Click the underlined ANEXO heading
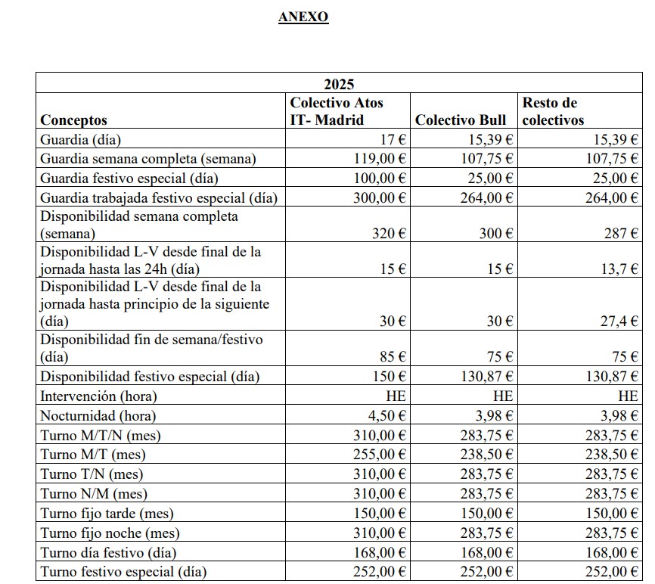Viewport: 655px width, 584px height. tap(303, 17)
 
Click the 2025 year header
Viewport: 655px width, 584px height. tap(340, 84)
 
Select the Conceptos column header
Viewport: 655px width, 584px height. tap(73, 120)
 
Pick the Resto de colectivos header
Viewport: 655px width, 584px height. tap(552, 111)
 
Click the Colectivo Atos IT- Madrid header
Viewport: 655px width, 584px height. tap(336, 111)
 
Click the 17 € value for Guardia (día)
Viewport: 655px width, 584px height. tap(392, 139)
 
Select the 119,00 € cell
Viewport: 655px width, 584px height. tap(380, 159)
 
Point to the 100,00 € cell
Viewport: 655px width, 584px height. tap(380, 179)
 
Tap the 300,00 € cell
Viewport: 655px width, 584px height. tap(380, 198)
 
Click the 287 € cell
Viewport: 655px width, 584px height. tap(620, 234)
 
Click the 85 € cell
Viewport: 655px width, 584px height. tap(392, 356)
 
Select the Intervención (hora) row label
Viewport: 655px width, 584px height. tap(98, 396)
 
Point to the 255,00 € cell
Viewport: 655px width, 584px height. tap(380, 455)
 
